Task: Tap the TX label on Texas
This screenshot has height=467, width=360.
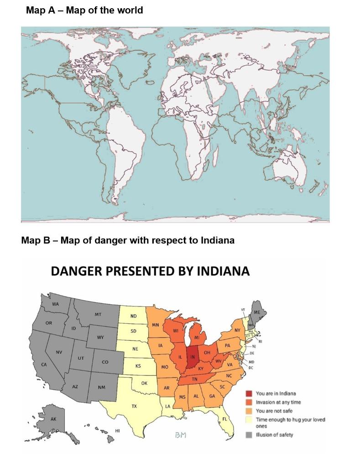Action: point(134,405)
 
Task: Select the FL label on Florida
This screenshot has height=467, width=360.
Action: point(224,419)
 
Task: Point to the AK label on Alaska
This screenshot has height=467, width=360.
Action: point(53,419)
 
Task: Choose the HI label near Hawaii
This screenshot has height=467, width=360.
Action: point(117,431)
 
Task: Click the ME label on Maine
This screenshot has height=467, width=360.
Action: point(257,312)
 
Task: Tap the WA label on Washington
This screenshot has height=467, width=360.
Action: point(55,304)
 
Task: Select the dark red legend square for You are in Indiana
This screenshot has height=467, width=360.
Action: point(249,394)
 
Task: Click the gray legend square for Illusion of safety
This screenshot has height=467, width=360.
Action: point(249,435)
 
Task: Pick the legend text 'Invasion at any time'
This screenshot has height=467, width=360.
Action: point(278,402)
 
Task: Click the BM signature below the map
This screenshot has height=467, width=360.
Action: point(181,436)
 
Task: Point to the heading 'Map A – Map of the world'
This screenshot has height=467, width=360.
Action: point(84,10)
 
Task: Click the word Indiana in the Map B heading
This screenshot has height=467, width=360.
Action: point(217,240)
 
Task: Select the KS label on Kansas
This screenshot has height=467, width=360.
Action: point(138,366)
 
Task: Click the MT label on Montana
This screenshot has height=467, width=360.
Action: point(98,315)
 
